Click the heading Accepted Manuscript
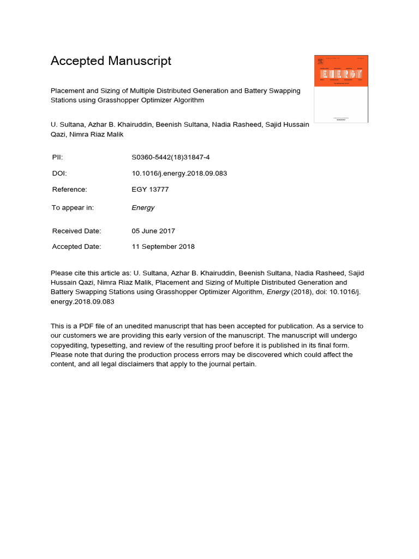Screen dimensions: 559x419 (x=111, y=61)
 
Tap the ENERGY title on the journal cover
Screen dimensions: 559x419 (x=341, y=74)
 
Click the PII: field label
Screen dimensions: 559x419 (x=57, y=157)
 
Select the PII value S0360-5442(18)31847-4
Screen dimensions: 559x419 (x=171, y=157)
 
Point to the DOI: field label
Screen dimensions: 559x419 (x=59, y=174)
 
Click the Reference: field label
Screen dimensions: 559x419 (x=69, y=189)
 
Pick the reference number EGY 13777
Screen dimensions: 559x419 (x=150, y=189)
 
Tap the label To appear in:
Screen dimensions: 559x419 (x=73, y=207)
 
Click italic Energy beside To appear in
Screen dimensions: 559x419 (x=143, y=207)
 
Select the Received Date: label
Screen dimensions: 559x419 (x=76, y=231)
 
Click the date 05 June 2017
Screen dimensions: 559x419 (x=153, y=231)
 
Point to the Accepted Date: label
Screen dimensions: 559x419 (x=76, y=247)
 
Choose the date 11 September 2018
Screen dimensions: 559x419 (x=163, y=247)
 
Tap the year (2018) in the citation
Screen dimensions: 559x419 (x=299, y=292)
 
